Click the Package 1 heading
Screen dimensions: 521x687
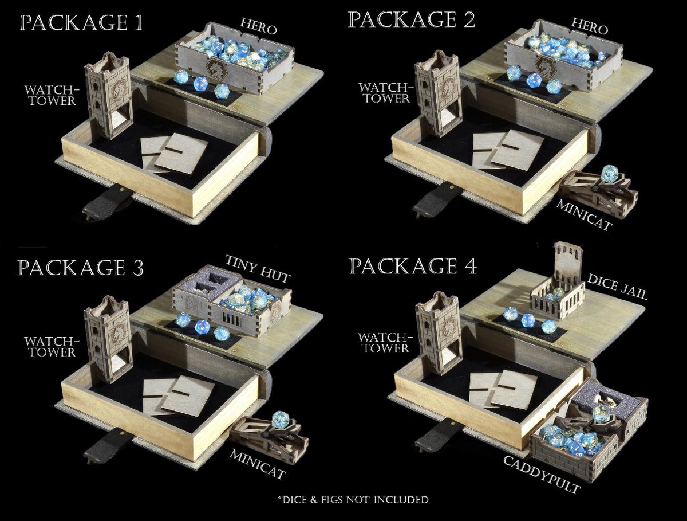81,23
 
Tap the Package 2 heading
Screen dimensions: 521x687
412,20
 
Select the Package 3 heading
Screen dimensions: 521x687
81,268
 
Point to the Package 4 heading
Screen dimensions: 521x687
413,267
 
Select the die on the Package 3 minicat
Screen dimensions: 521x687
280,419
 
